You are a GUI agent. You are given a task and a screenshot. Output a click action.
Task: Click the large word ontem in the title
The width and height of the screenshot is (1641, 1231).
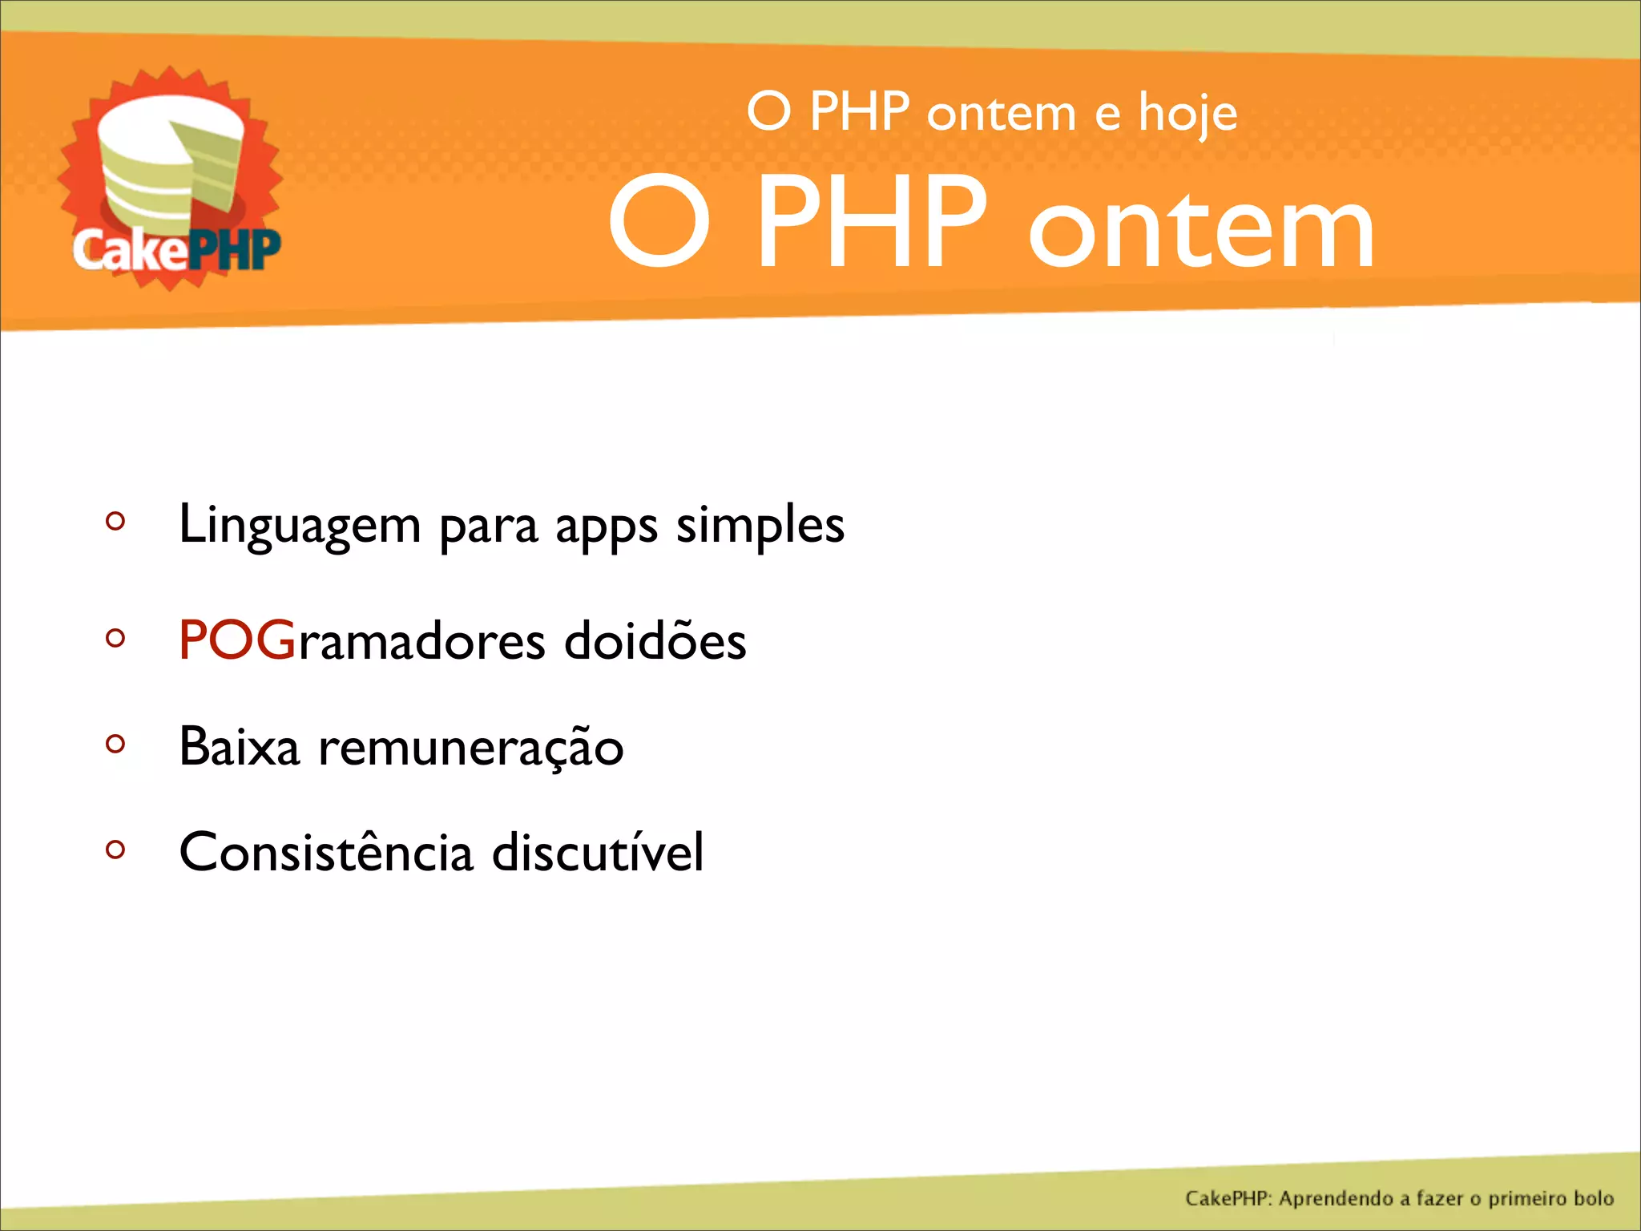pyautogui.click(x=1202, y=228)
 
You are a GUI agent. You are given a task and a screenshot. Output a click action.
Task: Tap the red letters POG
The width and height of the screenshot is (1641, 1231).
pyautogui.click(x=237, y=640)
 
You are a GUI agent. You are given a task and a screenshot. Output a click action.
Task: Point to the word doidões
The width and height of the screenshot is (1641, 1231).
pyautogui.click(x=655, y=640)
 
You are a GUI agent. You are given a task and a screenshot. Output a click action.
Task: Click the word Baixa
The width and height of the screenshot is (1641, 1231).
pyautogui.click(x=239, y=747)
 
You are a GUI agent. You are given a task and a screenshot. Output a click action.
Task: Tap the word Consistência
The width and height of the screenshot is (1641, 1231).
pyautogui.click(x=326, y=852)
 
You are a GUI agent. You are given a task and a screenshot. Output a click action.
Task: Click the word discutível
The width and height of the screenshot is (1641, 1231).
pyautogui.click(x=598, y=852)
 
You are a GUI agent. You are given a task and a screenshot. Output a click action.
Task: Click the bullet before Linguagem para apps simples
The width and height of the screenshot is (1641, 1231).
pyautogui.click(x=115, y=522)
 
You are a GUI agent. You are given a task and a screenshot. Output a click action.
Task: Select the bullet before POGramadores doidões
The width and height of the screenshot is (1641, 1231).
pyautogui.click(x=115, y=638)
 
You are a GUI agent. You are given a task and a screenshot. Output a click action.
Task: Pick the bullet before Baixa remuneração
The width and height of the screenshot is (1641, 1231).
pyautogui.click(x=115, y=744)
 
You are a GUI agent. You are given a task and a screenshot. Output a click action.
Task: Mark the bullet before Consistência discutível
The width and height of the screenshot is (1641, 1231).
pyautogui.click(x=115, y=849)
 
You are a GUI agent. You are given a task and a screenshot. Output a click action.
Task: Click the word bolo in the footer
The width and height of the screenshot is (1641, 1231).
pyautogui.click(x=1593, y=1198)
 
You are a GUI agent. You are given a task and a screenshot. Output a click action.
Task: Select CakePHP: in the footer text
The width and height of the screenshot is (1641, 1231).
pyautogui.click(x=1229, y=1199)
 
